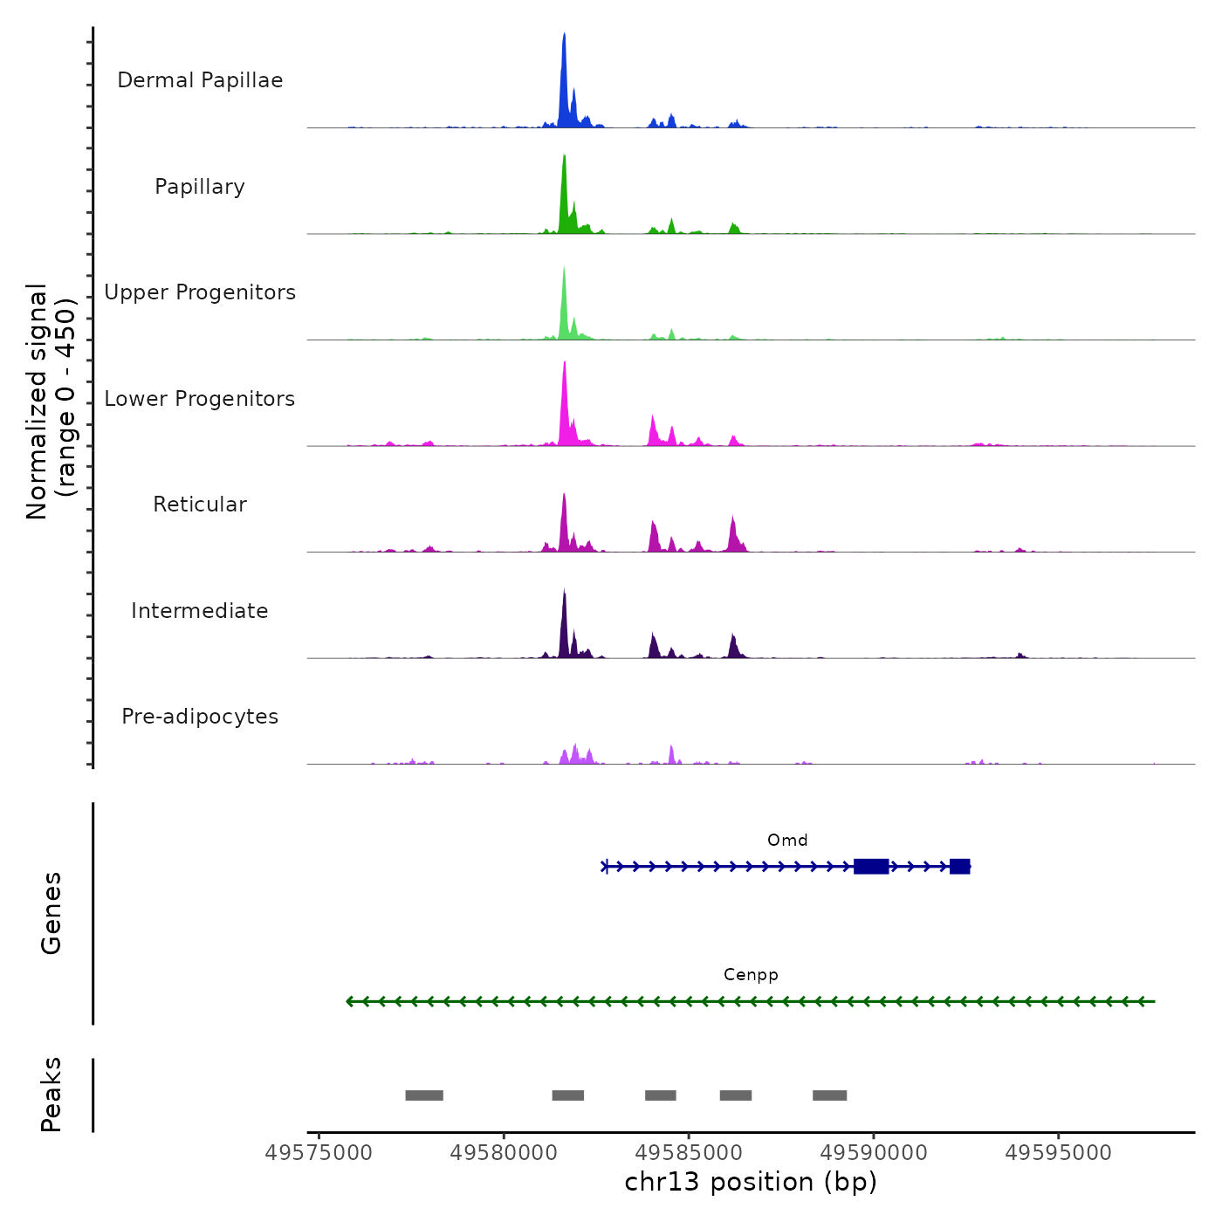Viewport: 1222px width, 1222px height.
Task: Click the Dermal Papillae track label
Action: [x=200, y=80]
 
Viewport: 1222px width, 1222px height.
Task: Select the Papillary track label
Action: [x=200, y=187]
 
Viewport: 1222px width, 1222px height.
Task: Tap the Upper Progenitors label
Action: [x=200, y=292]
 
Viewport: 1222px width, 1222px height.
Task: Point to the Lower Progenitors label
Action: [x=200, y=399]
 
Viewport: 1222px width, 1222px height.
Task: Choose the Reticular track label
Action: [x=200, y=505]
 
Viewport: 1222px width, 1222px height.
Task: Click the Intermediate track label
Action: [x=200, y=611]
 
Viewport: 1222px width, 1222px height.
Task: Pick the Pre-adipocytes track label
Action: [x=200, y=717]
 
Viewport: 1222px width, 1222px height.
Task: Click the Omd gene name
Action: [x=787, y=841]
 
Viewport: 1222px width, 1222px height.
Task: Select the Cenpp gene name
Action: [x=751, y=975]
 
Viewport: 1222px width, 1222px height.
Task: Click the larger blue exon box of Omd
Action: [x=871, y=866]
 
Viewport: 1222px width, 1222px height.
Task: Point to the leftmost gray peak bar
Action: [x=424, y=1095]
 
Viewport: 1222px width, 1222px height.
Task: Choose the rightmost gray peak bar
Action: [x=829, y=1095]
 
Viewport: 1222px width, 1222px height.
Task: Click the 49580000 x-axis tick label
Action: [x=504, y=1153]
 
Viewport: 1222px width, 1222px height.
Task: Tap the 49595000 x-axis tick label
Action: [x=1058, y=1153]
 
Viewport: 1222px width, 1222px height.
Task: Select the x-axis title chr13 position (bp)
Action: [x=751, y=1182]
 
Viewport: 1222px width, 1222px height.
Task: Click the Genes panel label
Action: [x=51, y=913]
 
